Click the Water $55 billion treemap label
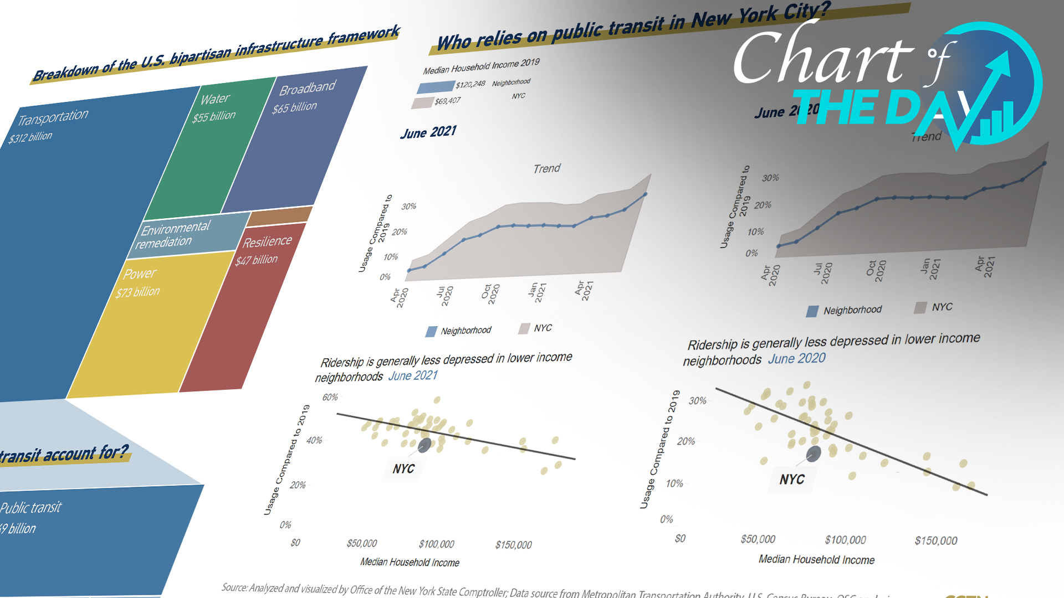(214, 108)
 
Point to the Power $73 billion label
(139, 282)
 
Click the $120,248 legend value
(470, 84)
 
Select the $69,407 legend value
(447, 101)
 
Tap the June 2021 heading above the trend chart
(428, 132)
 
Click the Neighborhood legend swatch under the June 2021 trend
(431, 332)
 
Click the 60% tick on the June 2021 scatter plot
(330, 398)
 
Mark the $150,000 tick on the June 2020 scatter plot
(935, 540)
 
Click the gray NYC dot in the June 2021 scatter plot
(424, 445)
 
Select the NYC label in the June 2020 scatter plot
(791, 480)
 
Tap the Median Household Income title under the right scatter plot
(816, 559)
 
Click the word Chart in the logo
(823, 58)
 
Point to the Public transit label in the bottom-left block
(31, 508)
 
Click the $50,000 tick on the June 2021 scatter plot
(362, 543)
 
